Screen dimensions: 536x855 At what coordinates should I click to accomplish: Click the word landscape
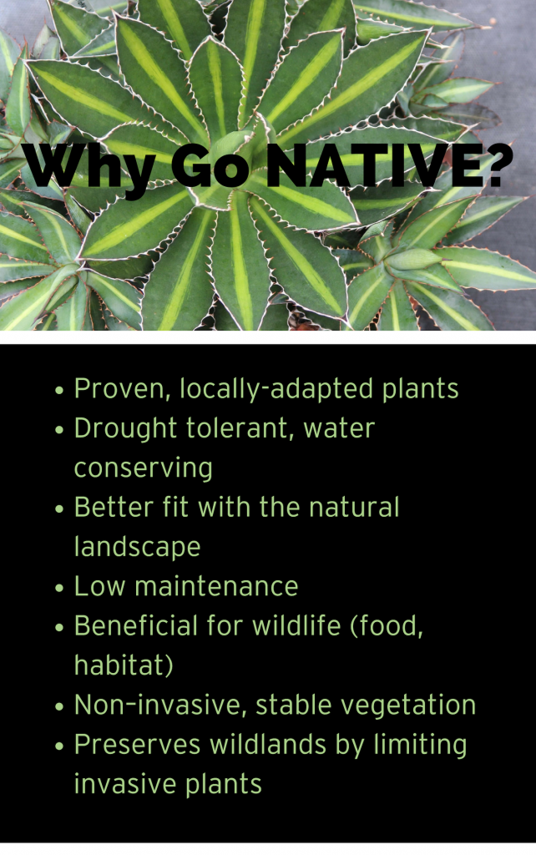click(138, 548)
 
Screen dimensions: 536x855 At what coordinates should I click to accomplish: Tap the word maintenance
click(216, 587)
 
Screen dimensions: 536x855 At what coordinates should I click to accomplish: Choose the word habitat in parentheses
click(120, 665)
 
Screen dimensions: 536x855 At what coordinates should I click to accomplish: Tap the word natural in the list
click(355, 508)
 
